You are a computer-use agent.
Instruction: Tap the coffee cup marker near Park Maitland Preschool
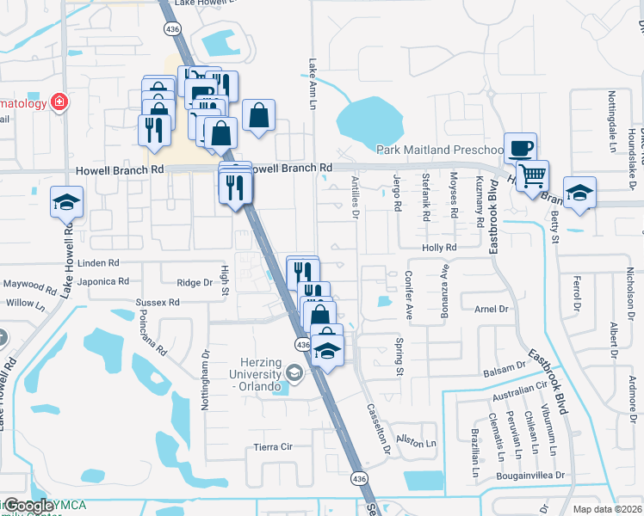point(520,147)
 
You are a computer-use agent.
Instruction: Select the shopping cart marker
point(534,175)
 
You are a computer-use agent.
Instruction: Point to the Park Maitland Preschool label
point(438,150)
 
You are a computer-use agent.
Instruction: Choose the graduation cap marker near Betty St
point(579,192)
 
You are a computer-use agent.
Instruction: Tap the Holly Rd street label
point(438,248)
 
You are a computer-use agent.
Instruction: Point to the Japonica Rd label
point(102,281)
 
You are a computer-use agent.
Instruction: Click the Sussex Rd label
point(157,303)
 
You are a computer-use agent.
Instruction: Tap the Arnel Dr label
point(492,308)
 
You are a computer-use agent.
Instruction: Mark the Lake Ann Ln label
point(313,83)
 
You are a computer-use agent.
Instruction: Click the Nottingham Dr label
point(206,378)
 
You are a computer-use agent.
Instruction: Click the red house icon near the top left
point(59,103)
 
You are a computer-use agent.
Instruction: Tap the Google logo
point(28,506)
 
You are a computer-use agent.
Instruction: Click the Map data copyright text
point(608,510)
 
